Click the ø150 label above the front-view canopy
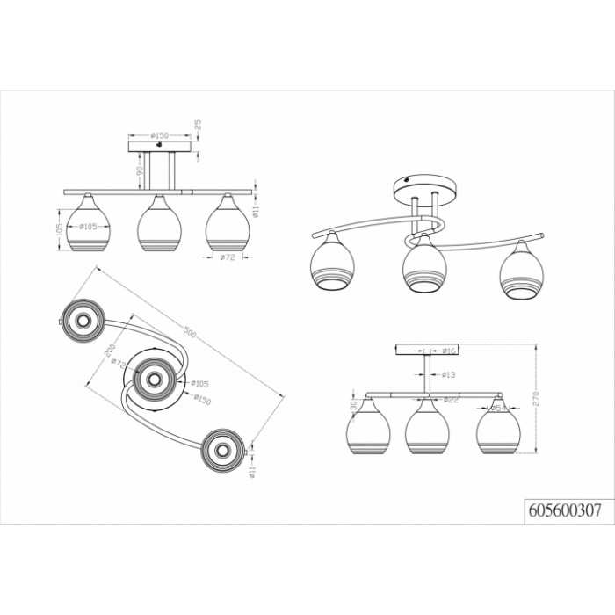(x=161, y=135)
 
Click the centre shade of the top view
(x=155, y=379)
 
